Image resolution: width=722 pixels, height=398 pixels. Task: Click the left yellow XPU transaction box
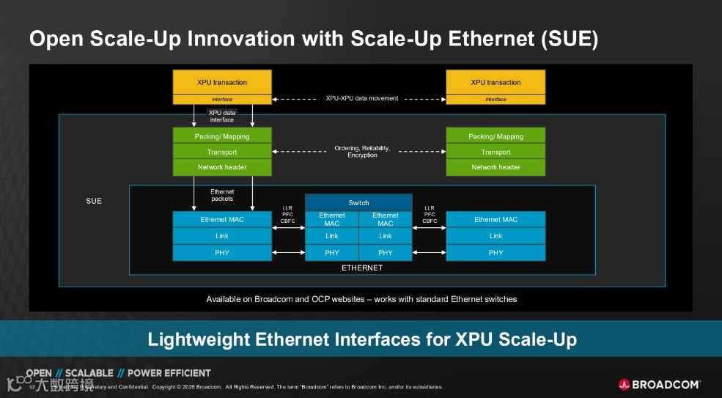coord(222,82)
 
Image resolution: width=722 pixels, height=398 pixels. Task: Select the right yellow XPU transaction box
coord(496,82)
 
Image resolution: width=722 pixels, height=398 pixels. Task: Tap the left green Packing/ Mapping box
coord(222,136)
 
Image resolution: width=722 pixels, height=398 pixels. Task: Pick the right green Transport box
coord(496,152)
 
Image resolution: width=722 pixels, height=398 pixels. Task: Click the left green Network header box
coord(222,167)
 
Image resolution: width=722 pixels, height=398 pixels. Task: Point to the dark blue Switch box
coord(358,202)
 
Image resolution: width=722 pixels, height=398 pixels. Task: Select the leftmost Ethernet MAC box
coord(222,219)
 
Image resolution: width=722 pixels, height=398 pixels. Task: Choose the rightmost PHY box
coord(496,253)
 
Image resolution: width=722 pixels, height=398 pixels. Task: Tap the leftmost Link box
coord(222,236)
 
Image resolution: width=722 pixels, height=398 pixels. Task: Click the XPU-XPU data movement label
coord(362,98)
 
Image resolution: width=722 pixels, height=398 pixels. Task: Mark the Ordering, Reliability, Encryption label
coord(362,151)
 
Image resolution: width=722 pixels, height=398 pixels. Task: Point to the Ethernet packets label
coord(222,195)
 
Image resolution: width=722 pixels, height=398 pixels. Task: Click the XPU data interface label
coord(222,116)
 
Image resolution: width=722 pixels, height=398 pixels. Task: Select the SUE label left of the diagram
coord(94,201)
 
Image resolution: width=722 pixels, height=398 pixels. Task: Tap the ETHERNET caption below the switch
coord(362,268)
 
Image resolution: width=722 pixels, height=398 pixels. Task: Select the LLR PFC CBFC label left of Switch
coord(287,214)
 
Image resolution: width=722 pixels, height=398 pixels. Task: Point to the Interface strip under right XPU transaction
coord(496,99)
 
